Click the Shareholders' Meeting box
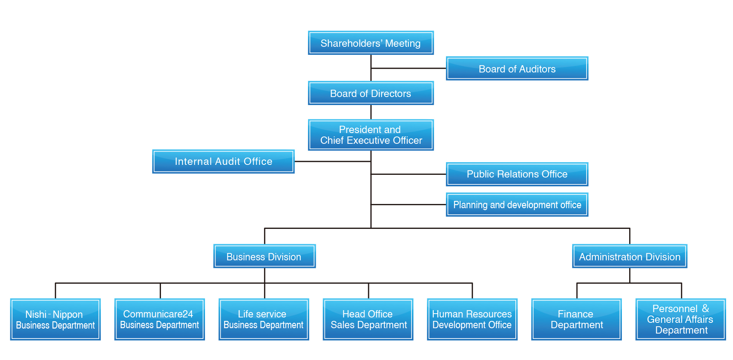[x=371, y=43]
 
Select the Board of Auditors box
[x=517, y=69]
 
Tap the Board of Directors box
[x=371, y=93]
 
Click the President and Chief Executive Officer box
[x=371, y=135]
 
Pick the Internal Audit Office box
[x=223, y=161]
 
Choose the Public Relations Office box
[x=517, y=174]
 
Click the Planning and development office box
[x=517, y=205]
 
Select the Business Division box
[x=264, y=256]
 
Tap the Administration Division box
[x=630, y=256]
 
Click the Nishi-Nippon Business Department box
[x=55, y=319]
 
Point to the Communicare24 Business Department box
[x=159, y=319]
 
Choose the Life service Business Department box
[x=264, y=319]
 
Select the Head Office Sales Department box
[x=368, y=319]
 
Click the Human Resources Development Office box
[x=472, y=319]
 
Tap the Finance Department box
[x=576, y=319]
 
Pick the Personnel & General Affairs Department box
[x=681, y=319]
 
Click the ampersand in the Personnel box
[x=705, y=309]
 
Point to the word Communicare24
[x=158, y=314]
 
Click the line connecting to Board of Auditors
[x=408, y=68]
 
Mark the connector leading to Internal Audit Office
[x=333, y=161]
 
